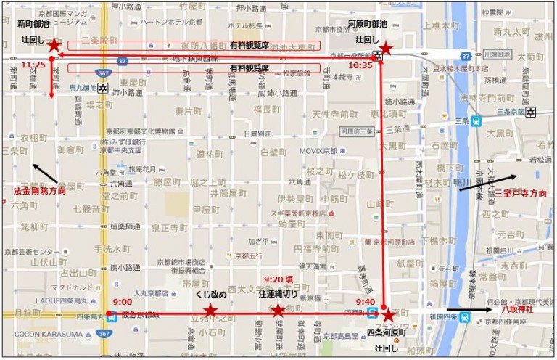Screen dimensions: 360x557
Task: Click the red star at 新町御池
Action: click(54, 46)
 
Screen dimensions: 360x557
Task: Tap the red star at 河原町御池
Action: click(386, 49)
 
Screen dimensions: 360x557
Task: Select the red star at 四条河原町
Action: click(388, 315)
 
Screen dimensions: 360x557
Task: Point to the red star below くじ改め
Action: click(210, 311)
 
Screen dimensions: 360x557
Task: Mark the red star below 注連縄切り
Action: click(278, 311)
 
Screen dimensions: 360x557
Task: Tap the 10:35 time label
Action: click(360, 65)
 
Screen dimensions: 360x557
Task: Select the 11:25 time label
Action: click(33, 65)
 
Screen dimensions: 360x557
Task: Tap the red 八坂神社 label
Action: click(521, 308)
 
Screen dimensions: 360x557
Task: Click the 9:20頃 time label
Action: click(278, 279)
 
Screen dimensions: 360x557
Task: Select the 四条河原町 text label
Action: click(387, 332)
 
